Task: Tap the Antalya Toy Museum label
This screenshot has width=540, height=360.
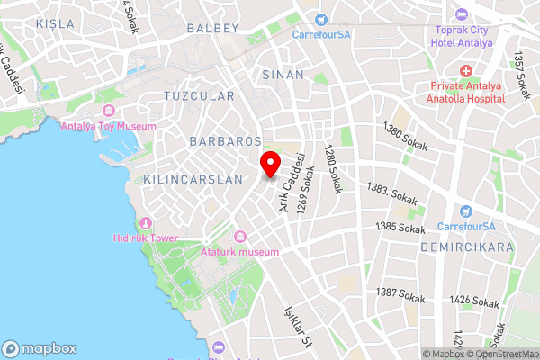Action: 107,126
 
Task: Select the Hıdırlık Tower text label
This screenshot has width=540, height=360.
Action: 146,238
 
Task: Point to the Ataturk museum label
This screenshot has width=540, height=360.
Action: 240,252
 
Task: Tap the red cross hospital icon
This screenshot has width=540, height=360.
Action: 466,71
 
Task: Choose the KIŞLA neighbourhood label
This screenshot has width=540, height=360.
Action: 55,22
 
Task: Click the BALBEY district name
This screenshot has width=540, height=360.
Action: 212,28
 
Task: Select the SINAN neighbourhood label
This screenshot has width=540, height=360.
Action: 283,75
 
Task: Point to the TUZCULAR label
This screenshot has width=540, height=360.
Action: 199,95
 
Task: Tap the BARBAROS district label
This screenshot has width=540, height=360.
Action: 225,141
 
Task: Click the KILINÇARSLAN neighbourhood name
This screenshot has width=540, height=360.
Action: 193,179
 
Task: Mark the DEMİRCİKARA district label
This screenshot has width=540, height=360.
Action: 471,246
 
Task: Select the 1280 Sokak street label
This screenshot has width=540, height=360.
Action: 333,170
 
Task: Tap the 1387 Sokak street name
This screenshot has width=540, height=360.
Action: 400,294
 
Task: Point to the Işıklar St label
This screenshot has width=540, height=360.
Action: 296,327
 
